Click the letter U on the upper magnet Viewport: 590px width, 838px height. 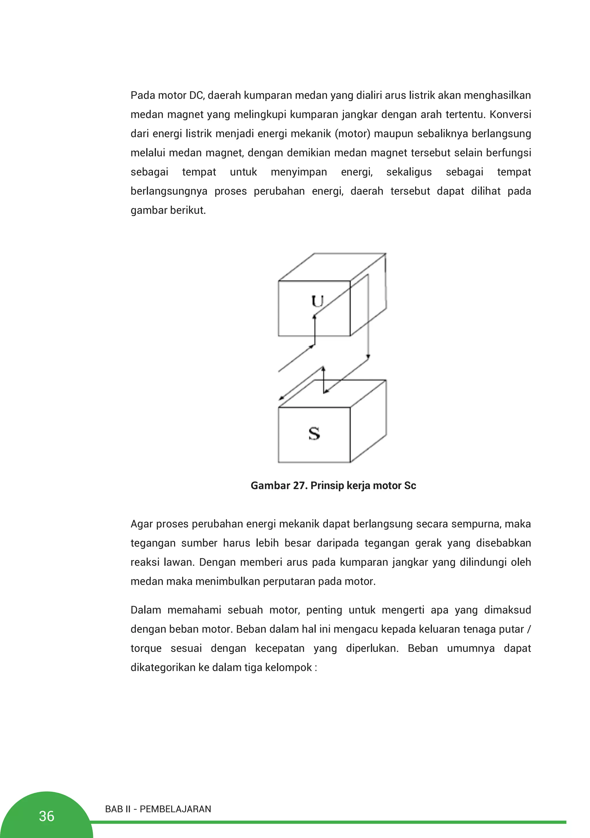coord(317,302)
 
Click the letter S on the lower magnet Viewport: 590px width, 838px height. coord(314,434)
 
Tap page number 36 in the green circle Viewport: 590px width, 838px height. coord(46,816)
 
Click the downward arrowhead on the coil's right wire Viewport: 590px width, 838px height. coord(368,356)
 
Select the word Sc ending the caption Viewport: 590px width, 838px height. coord(410,486)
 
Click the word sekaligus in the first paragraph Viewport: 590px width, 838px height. coord(409,172)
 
